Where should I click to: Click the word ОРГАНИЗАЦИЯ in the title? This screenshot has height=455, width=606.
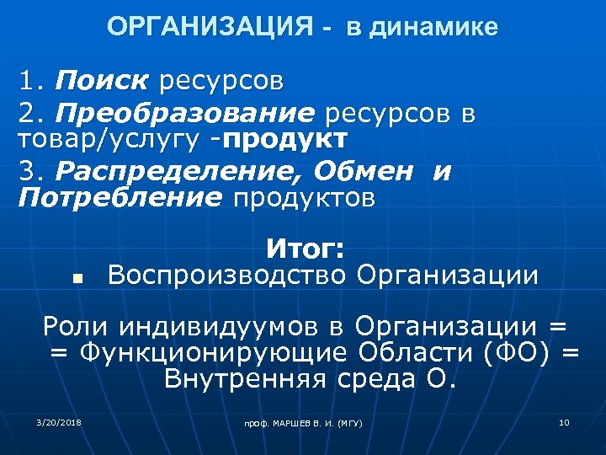coord(210,27)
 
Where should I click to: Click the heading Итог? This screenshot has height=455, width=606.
coord(305,249)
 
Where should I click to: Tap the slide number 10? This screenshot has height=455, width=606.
coord(564,421)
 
